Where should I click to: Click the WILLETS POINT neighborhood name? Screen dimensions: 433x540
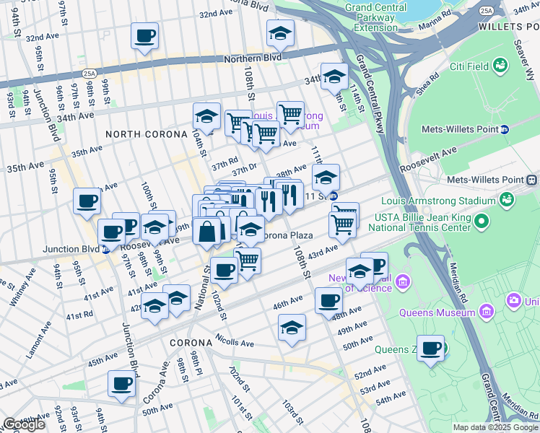coord(509,25)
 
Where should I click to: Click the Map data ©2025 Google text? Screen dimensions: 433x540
coord(495,427)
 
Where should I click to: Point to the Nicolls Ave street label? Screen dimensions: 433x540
coord(235,339)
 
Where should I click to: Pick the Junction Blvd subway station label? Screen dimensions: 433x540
coord(71,250)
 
